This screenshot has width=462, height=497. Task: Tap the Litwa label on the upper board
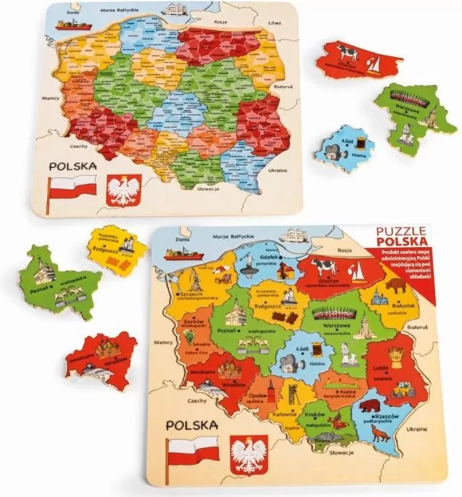coord(275,23)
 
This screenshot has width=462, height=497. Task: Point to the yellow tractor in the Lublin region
coord(402,388)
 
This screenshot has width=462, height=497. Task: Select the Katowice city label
coord(285,415)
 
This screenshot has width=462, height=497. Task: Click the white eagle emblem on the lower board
coord(248,453)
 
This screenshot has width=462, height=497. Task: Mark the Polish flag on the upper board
coord(74,189)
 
